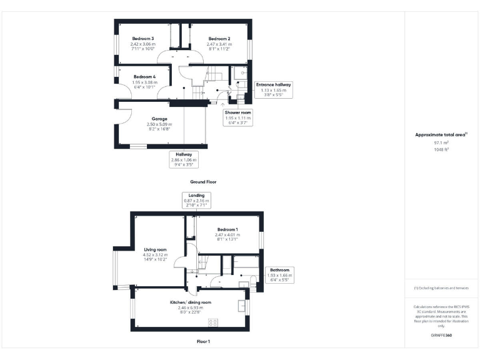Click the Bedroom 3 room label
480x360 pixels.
(x=142, y=39)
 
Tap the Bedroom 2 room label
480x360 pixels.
(x=220, y=39)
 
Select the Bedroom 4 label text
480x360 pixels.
(x=144, y=77)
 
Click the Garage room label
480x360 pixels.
(x=159, y=119)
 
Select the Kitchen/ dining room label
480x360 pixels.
(x=191, y=302)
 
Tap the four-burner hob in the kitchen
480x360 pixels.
(x=212, y=322)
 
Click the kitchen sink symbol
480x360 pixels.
(x=241, y=306)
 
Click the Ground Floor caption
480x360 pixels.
(x=203, y=182)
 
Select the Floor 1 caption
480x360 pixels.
(x=203, y=342)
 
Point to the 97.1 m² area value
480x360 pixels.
(x=442, y=142)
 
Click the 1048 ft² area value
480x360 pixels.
(x=442, y=150)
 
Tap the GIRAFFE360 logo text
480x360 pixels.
(x=441, y=336)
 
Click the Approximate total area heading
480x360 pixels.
(x=441, y=134)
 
